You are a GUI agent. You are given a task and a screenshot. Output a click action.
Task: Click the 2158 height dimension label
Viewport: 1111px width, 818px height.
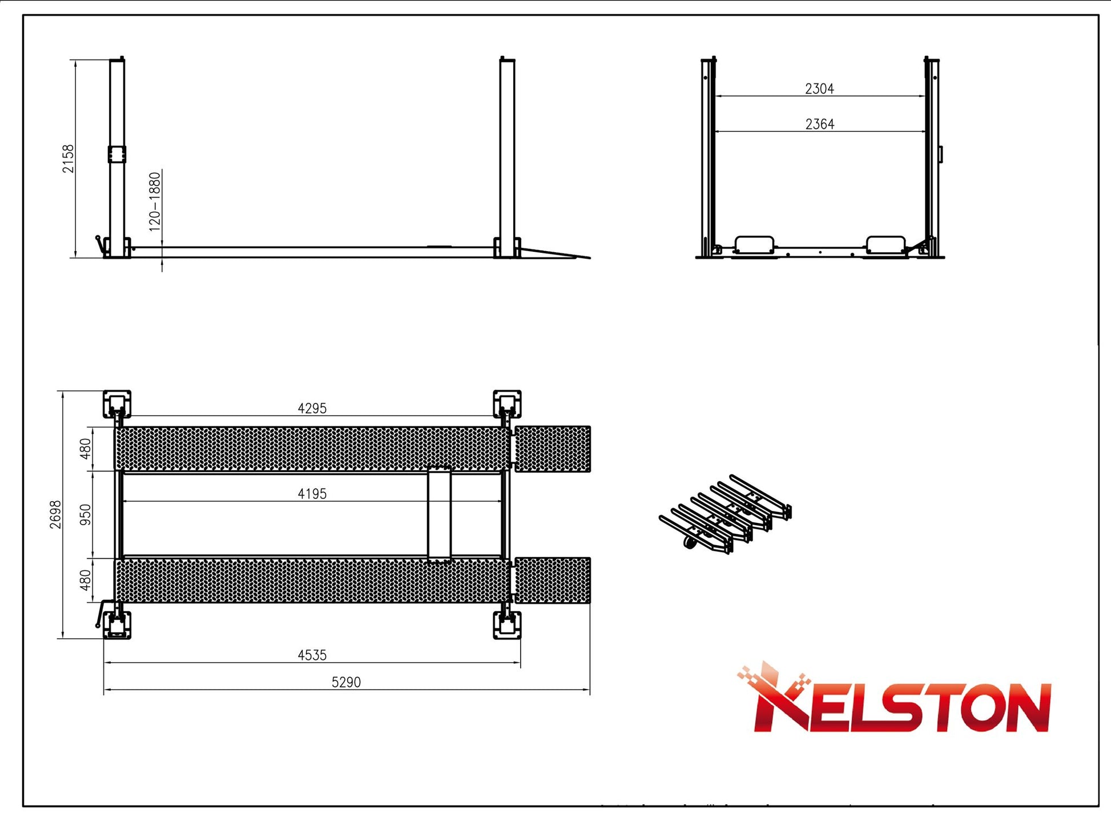[68, 158]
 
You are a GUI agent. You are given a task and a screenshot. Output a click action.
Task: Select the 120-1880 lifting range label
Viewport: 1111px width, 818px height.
[155, 202]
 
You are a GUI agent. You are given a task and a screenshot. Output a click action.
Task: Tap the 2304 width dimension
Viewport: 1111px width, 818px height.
[819, 88]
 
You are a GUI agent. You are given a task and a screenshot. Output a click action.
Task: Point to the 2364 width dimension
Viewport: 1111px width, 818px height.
[820, 124]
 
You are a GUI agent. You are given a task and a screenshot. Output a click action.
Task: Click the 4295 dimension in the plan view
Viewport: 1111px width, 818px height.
[312, 408]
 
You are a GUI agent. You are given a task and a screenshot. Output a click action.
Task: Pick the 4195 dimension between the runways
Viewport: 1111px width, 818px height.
[312, 494]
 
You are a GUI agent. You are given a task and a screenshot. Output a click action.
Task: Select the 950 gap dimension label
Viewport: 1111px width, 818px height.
[85, 514]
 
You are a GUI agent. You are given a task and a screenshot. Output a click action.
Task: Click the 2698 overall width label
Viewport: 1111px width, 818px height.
[55, 514]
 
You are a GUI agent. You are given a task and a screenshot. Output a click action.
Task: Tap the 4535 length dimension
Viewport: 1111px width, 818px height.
[312, 655]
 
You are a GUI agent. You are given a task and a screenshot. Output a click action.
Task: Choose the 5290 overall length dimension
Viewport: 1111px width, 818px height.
[347, 682]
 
